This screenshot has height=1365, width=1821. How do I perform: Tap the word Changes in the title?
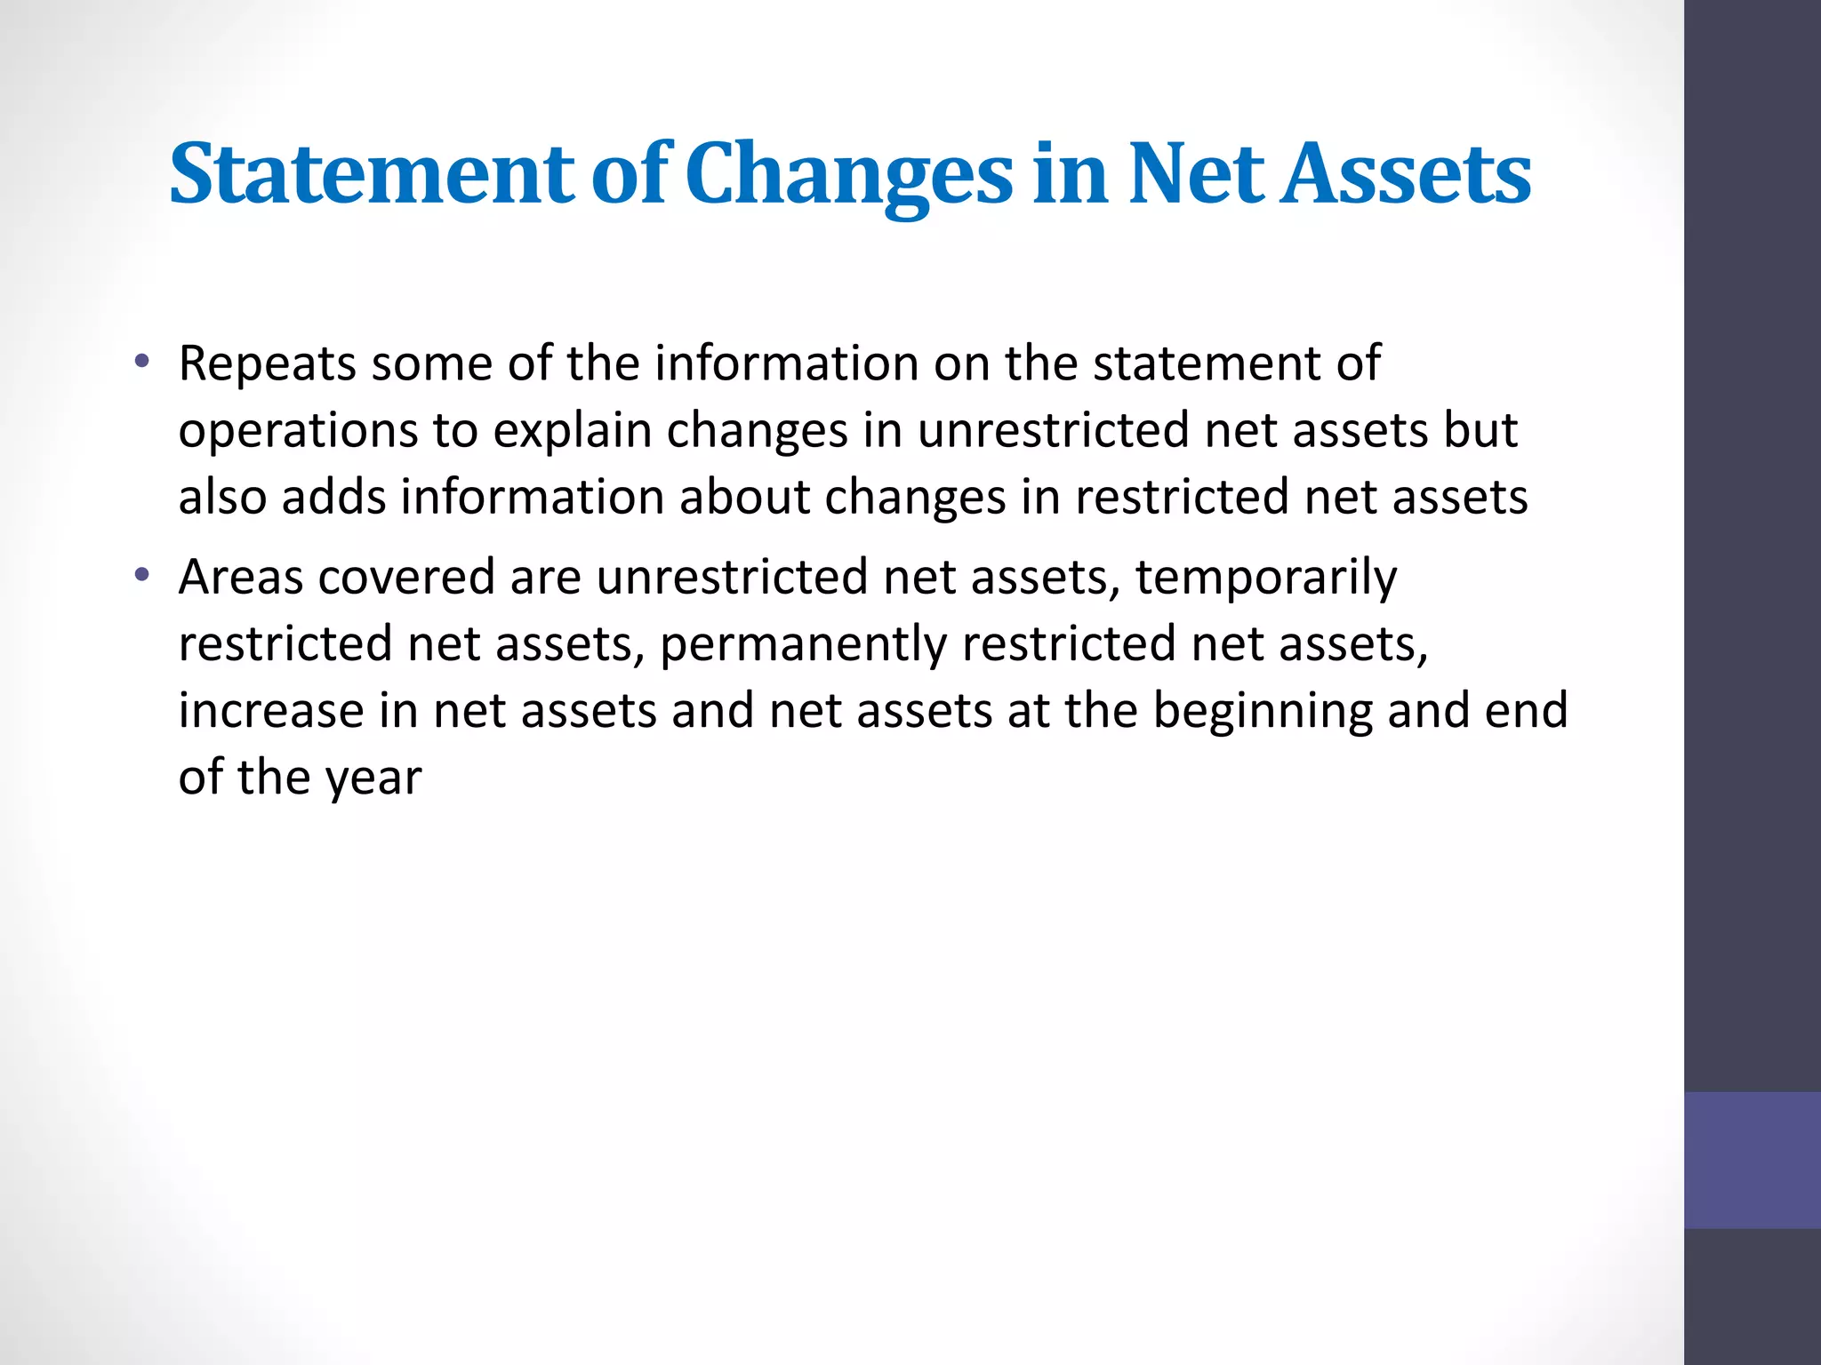[848, 175]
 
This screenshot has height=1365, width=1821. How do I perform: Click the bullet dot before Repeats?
[140, 363]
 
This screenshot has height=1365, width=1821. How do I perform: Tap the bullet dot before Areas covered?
[140, 577]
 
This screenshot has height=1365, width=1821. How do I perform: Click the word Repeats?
[267, 364]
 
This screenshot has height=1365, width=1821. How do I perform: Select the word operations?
[298, 432]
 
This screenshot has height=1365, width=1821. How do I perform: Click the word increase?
[270, 711]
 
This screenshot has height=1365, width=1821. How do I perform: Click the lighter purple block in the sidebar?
[1752, 1160]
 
